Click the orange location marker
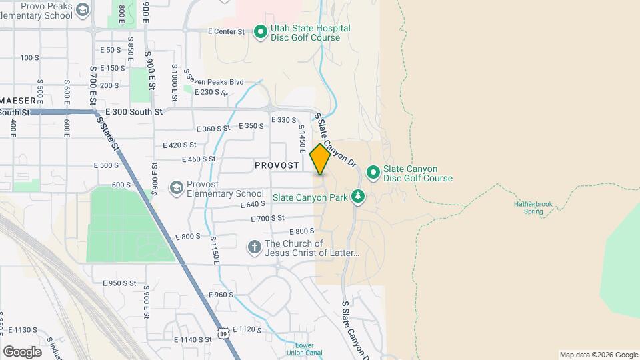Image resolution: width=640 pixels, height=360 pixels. [320, 160]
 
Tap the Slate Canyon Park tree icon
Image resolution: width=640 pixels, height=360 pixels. [359, 196]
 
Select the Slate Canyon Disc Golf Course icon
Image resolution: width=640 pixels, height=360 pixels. [373, 173]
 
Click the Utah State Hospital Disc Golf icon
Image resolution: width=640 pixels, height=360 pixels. [260, 32]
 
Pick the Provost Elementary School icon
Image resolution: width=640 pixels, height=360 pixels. [176, 188]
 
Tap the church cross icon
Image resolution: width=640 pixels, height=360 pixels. [254, 248]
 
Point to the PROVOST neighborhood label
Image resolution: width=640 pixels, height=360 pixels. [276, 165]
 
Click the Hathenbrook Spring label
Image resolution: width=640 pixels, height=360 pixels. [533, 208]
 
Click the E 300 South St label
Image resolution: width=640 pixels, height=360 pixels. [134, 113]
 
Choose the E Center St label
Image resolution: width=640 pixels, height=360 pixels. [227, 31]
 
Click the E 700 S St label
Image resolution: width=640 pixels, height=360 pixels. [268, 218]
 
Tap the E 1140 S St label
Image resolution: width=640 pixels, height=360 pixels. [193, 339]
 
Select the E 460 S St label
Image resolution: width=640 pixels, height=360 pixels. [199, 159]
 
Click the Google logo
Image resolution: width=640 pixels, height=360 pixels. [22, 351]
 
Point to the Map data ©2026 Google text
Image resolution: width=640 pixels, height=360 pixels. [598, 355]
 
